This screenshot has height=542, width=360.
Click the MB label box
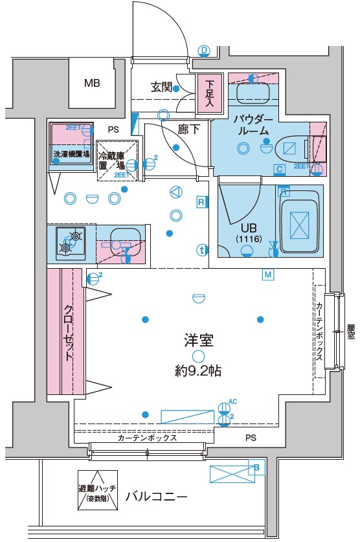pos(92,83)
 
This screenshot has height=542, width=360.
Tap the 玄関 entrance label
pos(162,87)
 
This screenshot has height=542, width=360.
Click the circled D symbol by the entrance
pos(204,50)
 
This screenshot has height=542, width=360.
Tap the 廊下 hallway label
pos(188,129)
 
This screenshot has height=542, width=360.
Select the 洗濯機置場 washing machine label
pos(71,155)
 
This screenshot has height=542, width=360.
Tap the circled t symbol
pos(202,249)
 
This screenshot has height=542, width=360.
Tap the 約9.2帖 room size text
pos(199,372)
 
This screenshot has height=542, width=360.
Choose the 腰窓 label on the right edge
pos(350,332)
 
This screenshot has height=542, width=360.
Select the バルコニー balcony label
pos(156,497)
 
